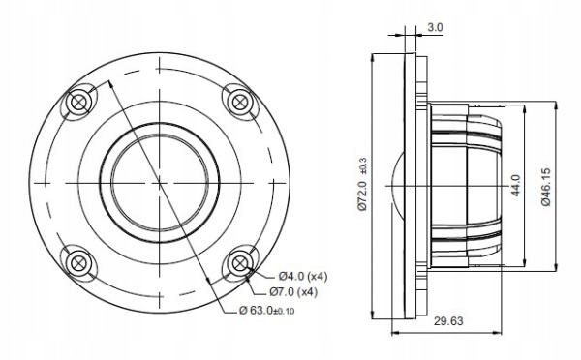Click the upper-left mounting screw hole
click(x=78, y=102)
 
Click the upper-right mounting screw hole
click(x=237, y=101)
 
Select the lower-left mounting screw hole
click(x=78, y=259)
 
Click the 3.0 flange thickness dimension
click(x=435, y=29)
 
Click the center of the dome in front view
click(x=158, y=180)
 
